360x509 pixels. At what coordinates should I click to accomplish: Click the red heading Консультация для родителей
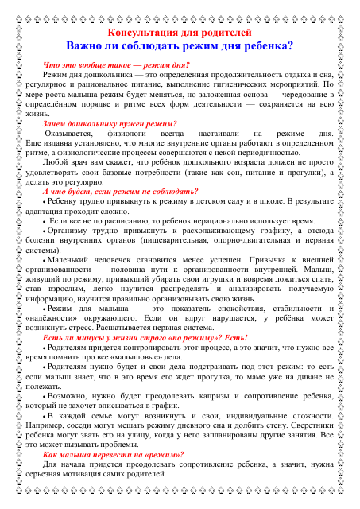[180, 33]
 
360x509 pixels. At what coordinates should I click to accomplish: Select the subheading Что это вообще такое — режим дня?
[115, 64]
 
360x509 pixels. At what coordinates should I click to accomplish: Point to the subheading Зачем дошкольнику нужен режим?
[110, 123]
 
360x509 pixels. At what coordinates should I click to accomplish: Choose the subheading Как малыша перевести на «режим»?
[116, 453]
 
